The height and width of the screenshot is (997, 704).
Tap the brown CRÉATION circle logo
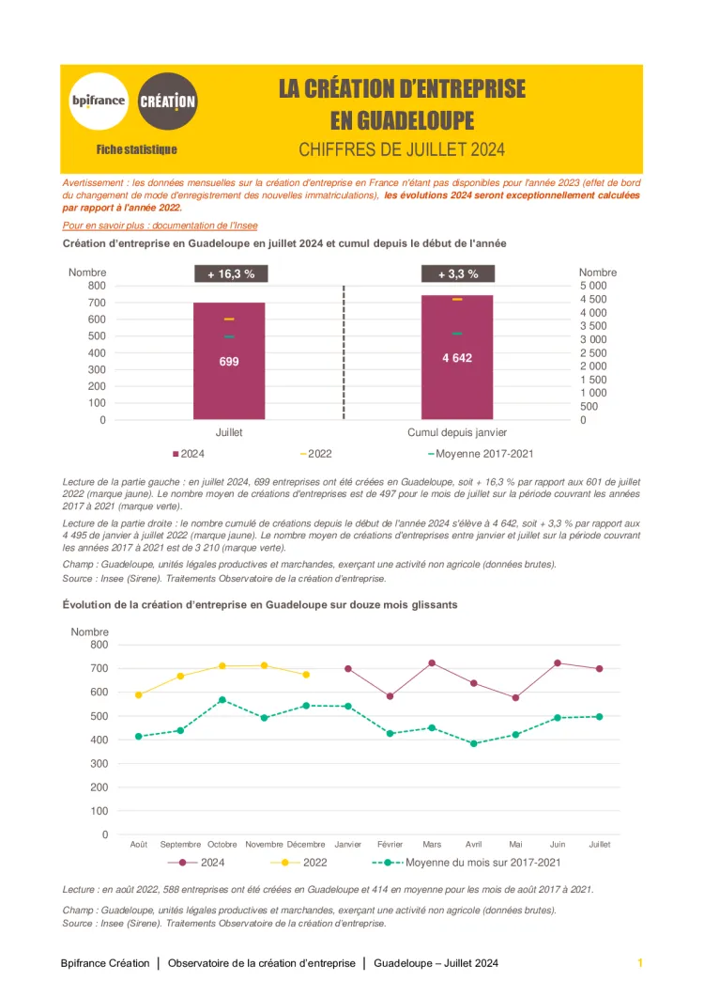167,101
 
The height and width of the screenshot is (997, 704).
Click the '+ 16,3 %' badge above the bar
230,274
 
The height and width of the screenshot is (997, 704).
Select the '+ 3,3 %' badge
457,274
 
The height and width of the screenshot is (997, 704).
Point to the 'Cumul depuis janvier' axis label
457,432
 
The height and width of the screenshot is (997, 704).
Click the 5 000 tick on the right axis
593,286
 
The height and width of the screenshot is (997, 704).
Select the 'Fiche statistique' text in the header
136,149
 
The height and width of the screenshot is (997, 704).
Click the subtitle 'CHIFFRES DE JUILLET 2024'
402,149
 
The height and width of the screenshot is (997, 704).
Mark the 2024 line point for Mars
432,663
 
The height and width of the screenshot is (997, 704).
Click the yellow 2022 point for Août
139,695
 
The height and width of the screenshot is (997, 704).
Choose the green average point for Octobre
222,700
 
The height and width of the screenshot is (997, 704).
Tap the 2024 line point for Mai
515,697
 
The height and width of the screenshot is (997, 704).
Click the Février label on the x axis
390,844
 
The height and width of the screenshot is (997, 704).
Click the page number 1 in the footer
639,963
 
